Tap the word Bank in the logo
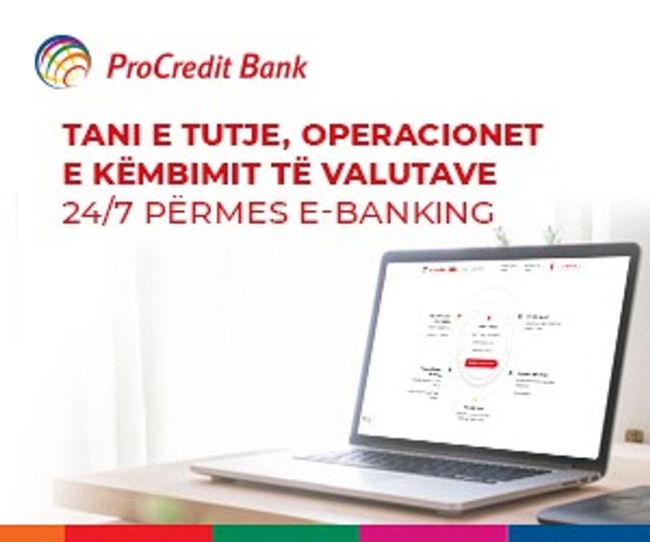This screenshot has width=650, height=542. [x=280, y=67]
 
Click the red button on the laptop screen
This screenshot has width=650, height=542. [x=480, y=363]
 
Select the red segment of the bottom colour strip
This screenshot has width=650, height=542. [x=139, y=533]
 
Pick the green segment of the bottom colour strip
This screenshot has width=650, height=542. [x=286, y=533]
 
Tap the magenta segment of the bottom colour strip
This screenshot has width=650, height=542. [x=434, y=533]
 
